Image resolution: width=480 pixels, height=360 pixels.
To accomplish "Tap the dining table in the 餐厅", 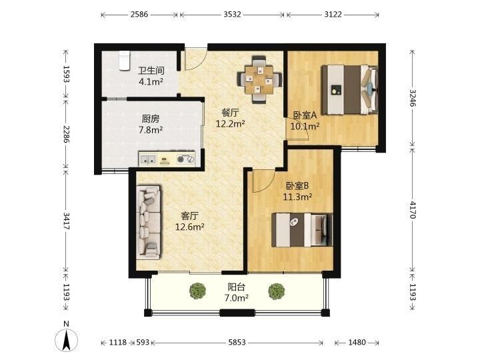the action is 259,79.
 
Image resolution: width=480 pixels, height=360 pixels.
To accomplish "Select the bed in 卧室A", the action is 349,90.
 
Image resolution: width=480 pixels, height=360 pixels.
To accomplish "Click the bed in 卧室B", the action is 302,229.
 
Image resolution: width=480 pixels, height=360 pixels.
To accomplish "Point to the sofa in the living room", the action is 149,222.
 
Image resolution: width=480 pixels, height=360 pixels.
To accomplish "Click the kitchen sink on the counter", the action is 148,159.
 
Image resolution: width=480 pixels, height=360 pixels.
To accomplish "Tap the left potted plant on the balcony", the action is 197,291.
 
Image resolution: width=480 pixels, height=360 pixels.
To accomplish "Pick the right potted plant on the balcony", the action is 277,291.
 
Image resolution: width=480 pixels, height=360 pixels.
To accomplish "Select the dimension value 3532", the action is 232,15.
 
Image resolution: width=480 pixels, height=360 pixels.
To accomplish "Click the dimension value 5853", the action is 237,342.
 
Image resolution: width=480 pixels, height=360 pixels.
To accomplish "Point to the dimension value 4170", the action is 413,210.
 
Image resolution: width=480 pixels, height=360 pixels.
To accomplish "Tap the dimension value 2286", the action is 66,134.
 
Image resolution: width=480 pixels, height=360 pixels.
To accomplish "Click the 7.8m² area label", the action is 151,130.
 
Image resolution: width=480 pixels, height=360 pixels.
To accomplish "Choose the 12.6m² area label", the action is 190,227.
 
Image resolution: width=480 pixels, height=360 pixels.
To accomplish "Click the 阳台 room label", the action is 236,287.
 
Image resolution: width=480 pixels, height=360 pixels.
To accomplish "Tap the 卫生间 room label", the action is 151,71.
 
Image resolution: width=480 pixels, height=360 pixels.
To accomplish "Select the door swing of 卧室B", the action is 264,181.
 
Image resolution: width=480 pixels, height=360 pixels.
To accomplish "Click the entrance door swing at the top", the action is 196,59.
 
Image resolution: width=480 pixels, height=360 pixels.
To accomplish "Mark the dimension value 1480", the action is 357,342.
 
